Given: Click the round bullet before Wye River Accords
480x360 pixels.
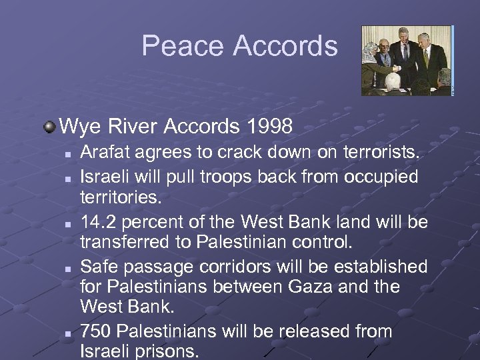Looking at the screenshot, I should [x=51, y=125].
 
